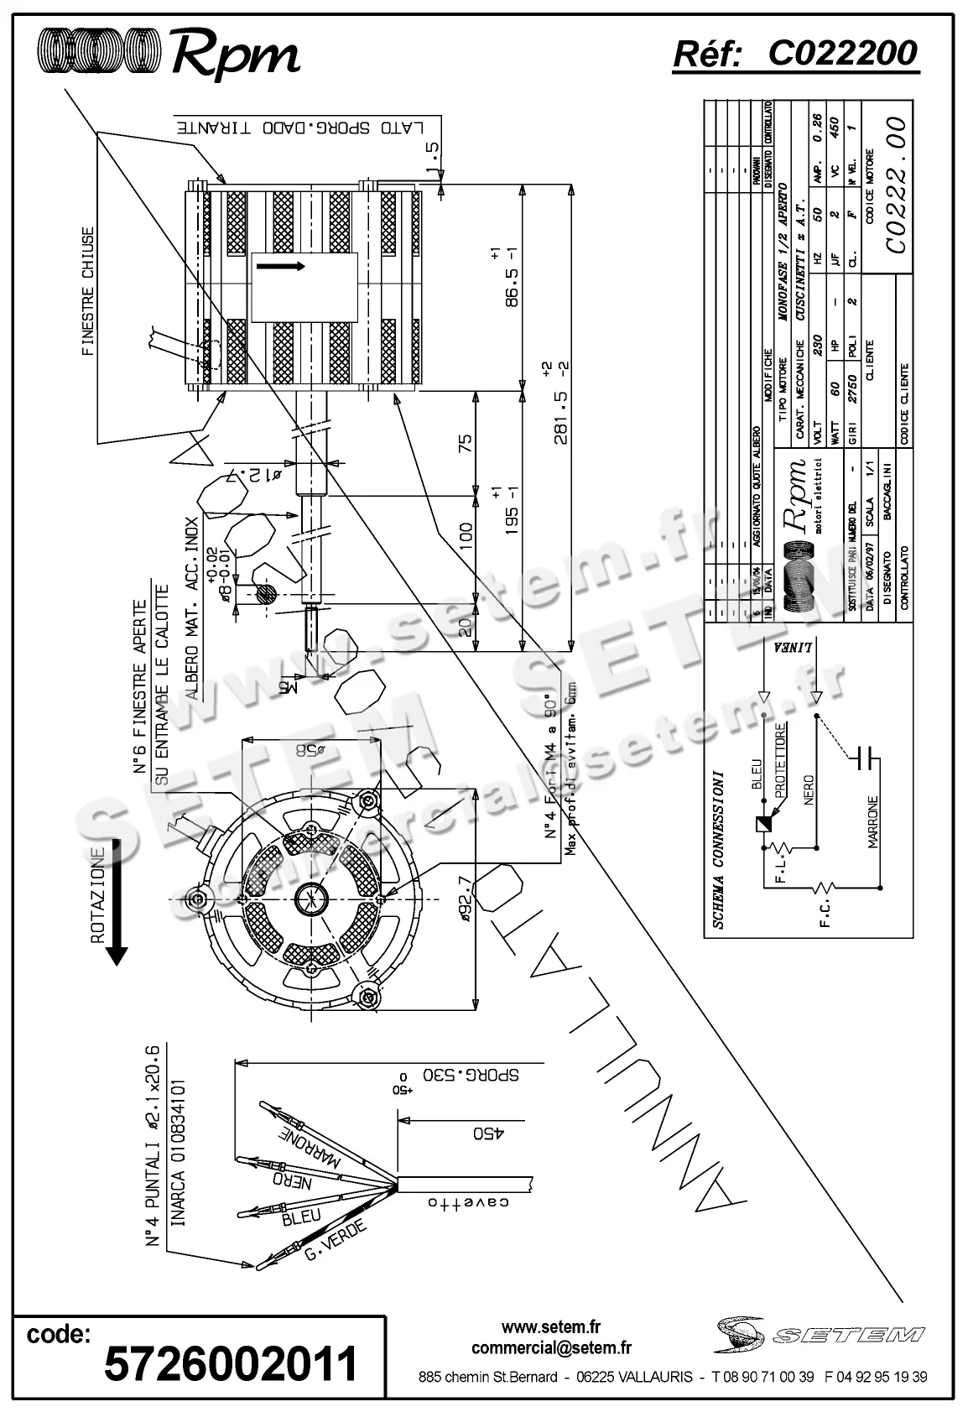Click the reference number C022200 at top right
pos(842,54)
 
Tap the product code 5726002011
pos(230,1363)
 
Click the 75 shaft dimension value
pos(466,441)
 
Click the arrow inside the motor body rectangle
pos(280,266)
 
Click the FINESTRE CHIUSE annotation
pos(87,292)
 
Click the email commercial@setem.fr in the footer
pos(551,1348)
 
